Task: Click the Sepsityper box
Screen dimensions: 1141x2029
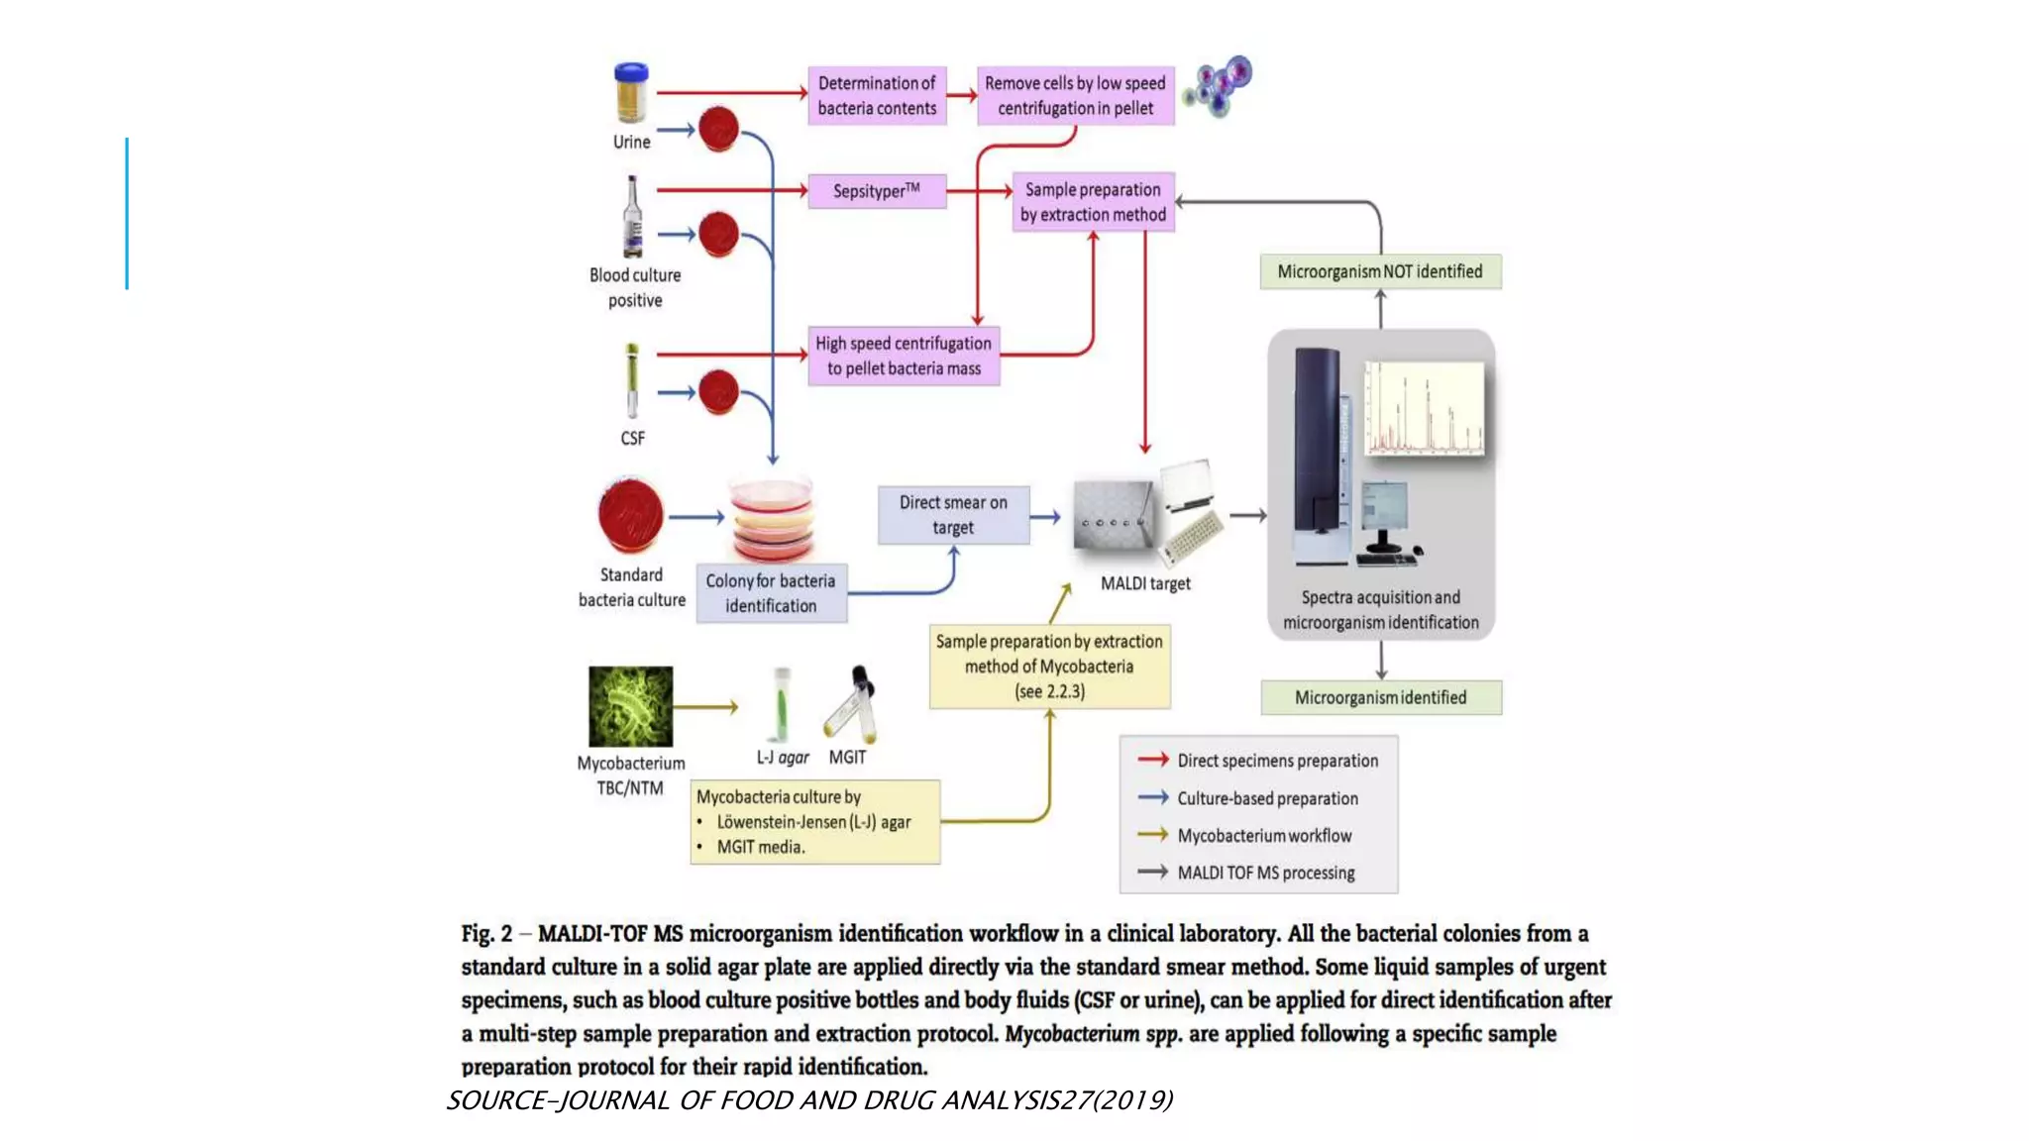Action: pyautogui.click(x=877, y=191)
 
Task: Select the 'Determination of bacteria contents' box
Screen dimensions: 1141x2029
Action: pyautogui.click(x=877, y=96)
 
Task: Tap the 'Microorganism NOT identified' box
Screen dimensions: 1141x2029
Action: pyautogui.click(x=1380, y=271)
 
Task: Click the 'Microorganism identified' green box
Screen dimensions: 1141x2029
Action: pyautogui.click(x=1380, y=697)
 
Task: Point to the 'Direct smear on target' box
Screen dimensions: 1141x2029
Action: pyautogui.click(x=953, y=515)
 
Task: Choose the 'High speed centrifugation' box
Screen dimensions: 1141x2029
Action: pyautogui.click(x=904, y=356)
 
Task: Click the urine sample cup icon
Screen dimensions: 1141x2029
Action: pyautogui.click(x=631, y=92)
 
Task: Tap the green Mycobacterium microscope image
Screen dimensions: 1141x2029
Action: pyautogui.click(x=630, y=706)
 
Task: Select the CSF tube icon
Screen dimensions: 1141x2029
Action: pyautogui.click(x=632, y=381)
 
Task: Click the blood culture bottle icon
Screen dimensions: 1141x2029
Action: pyautogui.click(x=632, y=218)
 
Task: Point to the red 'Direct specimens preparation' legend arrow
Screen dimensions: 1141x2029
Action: pyautogui.click(x=1153, y=760)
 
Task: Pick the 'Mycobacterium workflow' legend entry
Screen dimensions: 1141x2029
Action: pyautogui.click(x=1264, y=836)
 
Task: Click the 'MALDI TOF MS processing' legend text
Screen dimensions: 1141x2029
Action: pyautogui.click(x=1266, y=873)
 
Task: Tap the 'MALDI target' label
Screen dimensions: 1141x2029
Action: pyautogui.click(x=1145, y=583)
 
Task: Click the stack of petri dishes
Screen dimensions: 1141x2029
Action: pyautogui.click(x=772, y=520)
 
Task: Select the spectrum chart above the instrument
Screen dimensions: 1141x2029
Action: pyautogui.click(x=1425, y=408)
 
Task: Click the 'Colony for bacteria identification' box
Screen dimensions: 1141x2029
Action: pyautogui.click(x=771, y=593)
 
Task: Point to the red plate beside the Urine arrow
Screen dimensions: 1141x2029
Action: pyautogui.click(x=718, y=129)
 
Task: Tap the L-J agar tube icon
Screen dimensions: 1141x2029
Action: pyautogui.click(x=782, y=705)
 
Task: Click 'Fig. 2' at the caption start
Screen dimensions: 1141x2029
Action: pyautogui.click(x=486, y=934)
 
